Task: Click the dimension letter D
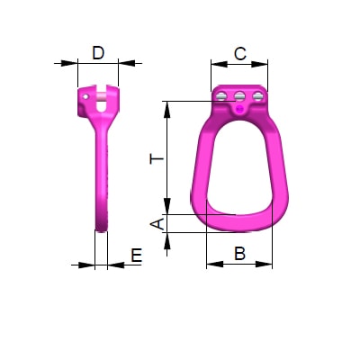(x=98, y=53)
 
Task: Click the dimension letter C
(x=240, y=54)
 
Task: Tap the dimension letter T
(x=157, y=158)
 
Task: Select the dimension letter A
(x=157, y=224)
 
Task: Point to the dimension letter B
(x=239, y=254)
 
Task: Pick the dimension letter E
(x=136, y=256)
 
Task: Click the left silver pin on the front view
(x=221, y=96)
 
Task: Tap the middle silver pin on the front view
(x=239, y=96)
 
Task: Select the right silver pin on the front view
(x=258, y=96)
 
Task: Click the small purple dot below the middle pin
(x=239, y=109)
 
